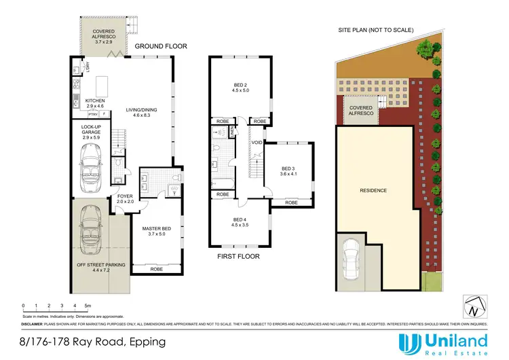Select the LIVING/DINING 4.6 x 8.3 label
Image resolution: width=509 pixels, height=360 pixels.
pos(143,113)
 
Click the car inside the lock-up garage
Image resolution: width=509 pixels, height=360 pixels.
pos(90,161)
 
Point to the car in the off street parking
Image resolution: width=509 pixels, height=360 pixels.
pos(90,226)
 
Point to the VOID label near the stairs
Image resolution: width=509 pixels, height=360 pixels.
pos(257,143)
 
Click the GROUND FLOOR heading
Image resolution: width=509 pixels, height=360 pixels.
pos(160,46)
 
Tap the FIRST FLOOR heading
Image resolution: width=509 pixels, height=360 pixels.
pos(238,257)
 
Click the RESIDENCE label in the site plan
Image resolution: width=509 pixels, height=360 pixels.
pos(373,190)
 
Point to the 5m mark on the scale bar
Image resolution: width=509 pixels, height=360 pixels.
pos(88,306)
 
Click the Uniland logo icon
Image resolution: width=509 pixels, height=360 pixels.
pos(409,343)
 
